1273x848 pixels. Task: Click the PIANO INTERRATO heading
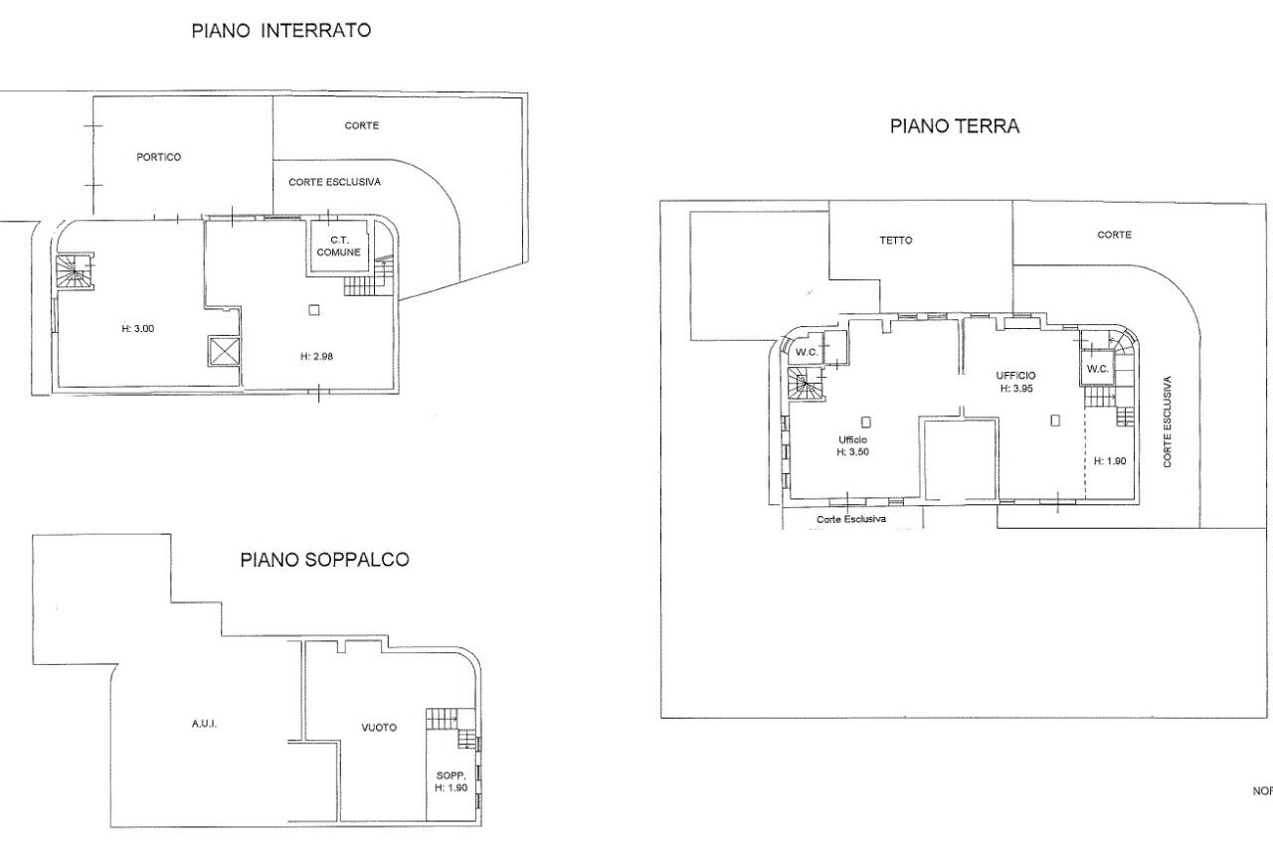[x=280, y=31]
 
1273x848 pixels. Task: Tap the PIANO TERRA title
[x=954, y=126]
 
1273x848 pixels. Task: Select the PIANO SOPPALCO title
[x=324, y=560]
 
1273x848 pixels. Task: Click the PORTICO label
[x=159, y=157]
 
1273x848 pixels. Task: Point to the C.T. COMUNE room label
[x=338, y=246]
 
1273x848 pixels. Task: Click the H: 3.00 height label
[x=137, y=329]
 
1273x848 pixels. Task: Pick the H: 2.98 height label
[x=315, y=356]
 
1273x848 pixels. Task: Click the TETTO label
[x=895, y=240]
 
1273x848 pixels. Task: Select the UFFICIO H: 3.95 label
[x=1016, y=382]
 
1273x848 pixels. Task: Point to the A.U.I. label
[x=204, y=724]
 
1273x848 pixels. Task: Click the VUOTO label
[x=379, y=728]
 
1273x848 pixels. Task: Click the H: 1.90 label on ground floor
[x=1108, y=461]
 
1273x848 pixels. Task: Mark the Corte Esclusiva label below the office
[x=851, y=519]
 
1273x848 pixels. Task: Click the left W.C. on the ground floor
[x=807, y=351]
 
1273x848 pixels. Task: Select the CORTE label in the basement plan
[x=361, y=125]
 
